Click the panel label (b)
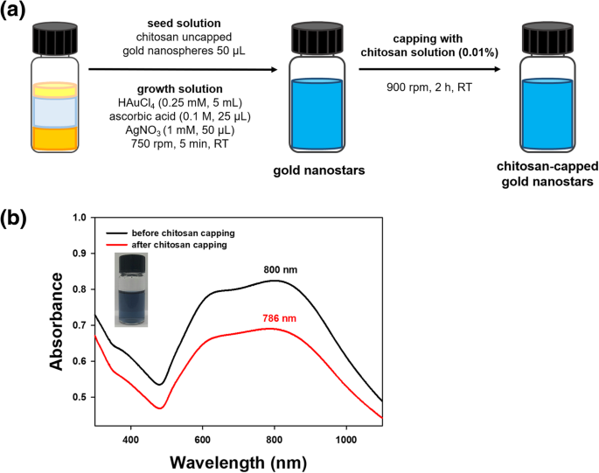click(19, 217)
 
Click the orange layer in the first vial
click(54, 137)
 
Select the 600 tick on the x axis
click(203, 433)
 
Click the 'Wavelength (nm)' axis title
click(239, 458)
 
